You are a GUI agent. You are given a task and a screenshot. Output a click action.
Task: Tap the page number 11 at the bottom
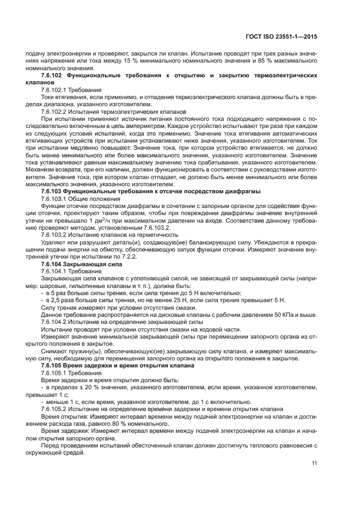314,463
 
